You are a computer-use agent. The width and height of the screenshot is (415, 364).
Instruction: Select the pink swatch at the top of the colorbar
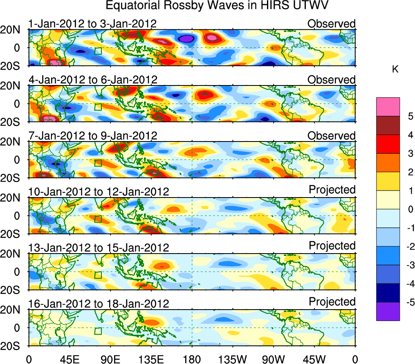coord(388,107)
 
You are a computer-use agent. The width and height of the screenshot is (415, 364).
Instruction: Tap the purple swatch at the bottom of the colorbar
coord(388,311)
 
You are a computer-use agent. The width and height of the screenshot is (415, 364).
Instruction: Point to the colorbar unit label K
coord(395,70)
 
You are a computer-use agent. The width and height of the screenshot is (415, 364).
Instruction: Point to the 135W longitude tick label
coord(233,359)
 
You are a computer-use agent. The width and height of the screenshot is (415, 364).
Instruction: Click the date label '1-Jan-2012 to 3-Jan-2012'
coord(92,24)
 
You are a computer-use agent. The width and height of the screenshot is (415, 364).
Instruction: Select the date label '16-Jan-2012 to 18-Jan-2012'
coord(99,304)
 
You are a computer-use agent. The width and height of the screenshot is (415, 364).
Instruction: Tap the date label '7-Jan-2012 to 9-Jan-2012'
coord(92,136)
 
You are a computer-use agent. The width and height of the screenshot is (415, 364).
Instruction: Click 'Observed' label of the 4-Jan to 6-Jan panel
coord(332,80)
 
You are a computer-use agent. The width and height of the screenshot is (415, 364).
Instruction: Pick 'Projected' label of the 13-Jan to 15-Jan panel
coord(332,246)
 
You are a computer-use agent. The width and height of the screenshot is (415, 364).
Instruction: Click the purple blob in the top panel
coord(186,38)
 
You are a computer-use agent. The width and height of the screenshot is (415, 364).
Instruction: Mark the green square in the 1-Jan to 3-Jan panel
coord(98,51)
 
